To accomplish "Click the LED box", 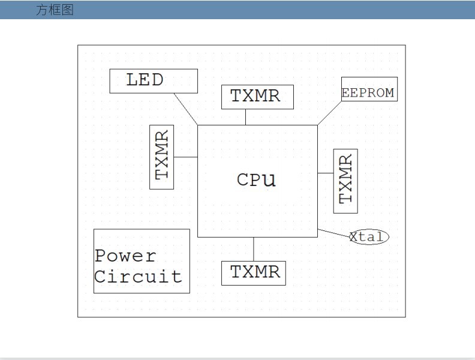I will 154,81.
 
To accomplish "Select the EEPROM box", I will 369,89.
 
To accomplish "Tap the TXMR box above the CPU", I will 257,97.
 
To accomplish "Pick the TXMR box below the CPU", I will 254,273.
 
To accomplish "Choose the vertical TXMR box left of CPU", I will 161,157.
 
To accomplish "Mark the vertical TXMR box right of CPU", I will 345,181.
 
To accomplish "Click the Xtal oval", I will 369,237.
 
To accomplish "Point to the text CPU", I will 257,179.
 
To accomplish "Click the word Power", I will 125,256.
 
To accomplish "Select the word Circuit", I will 138,277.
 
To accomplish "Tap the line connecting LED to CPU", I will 186,109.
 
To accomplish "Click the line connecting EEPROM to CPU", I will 329,113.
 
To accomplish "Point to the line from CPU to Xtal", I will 334,233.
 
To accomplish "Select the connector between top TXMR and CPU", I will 245,117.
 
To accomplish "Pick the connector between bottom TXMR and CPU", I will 254,249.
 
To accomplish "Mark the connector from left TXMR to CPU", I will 185,157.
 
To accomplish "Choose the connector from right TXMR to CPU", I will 325,173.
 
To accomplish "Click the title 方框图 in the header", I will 55,10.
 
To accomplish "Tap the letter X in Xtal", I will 354,237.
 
